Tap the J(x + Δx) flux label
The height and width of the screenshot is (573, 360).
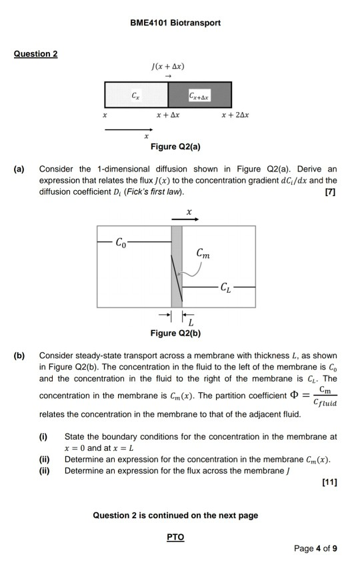(167, 67)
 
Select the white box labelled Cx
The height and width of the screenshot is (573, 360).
(136, 95)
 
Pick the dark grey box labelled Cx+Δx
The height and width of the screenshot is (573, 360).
(199, 95)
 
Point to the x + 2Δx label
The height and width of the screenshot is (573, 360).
(235, 115)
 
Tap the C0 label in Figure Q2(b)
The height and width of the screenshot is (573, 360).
(120, 241)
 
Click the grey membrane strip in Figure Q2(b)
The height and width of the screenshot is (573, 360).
(177, 267)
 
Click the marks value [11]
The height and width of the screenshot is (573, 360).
(329, 482)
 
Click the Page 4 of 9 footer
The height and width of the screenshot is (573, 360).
(315, 548)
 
